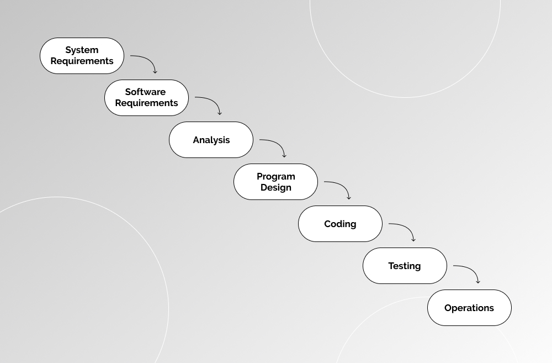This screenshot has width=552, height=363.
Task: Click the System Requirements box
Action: (x=82, y=56)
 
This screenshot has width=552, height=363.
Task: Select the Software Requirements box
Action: (x=146, y=98)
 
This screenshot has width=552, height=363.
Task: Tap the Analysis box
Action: (x=211, y=140)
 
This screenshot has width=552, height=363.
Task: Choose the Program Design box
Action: (x=275, y=182)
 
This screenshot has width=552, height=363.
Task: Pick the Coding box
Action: (x=340, y=224)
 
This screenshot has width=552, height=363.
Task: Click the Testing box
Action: (x=405, y=266)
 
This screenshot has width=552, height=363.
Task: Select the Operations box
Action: (x=469, y=308)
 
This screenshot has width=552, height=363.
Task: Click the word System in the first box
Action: (x=82, y=50)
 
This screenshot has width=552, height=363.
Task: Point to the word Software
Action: (x=145, y=92)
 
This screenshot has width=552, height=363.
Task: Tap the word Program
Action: (x=276, y=176)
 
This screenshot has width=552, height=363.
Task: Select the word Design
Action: (x=276, y=188)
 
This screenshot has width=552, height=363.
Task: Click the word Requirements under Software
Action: (x=146, y=103)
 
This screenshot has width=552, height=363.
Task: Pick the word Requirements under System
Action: (x=82, y=61)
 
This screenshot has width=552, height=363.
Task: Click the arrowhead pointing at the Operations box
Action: (x=478, y=282)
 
